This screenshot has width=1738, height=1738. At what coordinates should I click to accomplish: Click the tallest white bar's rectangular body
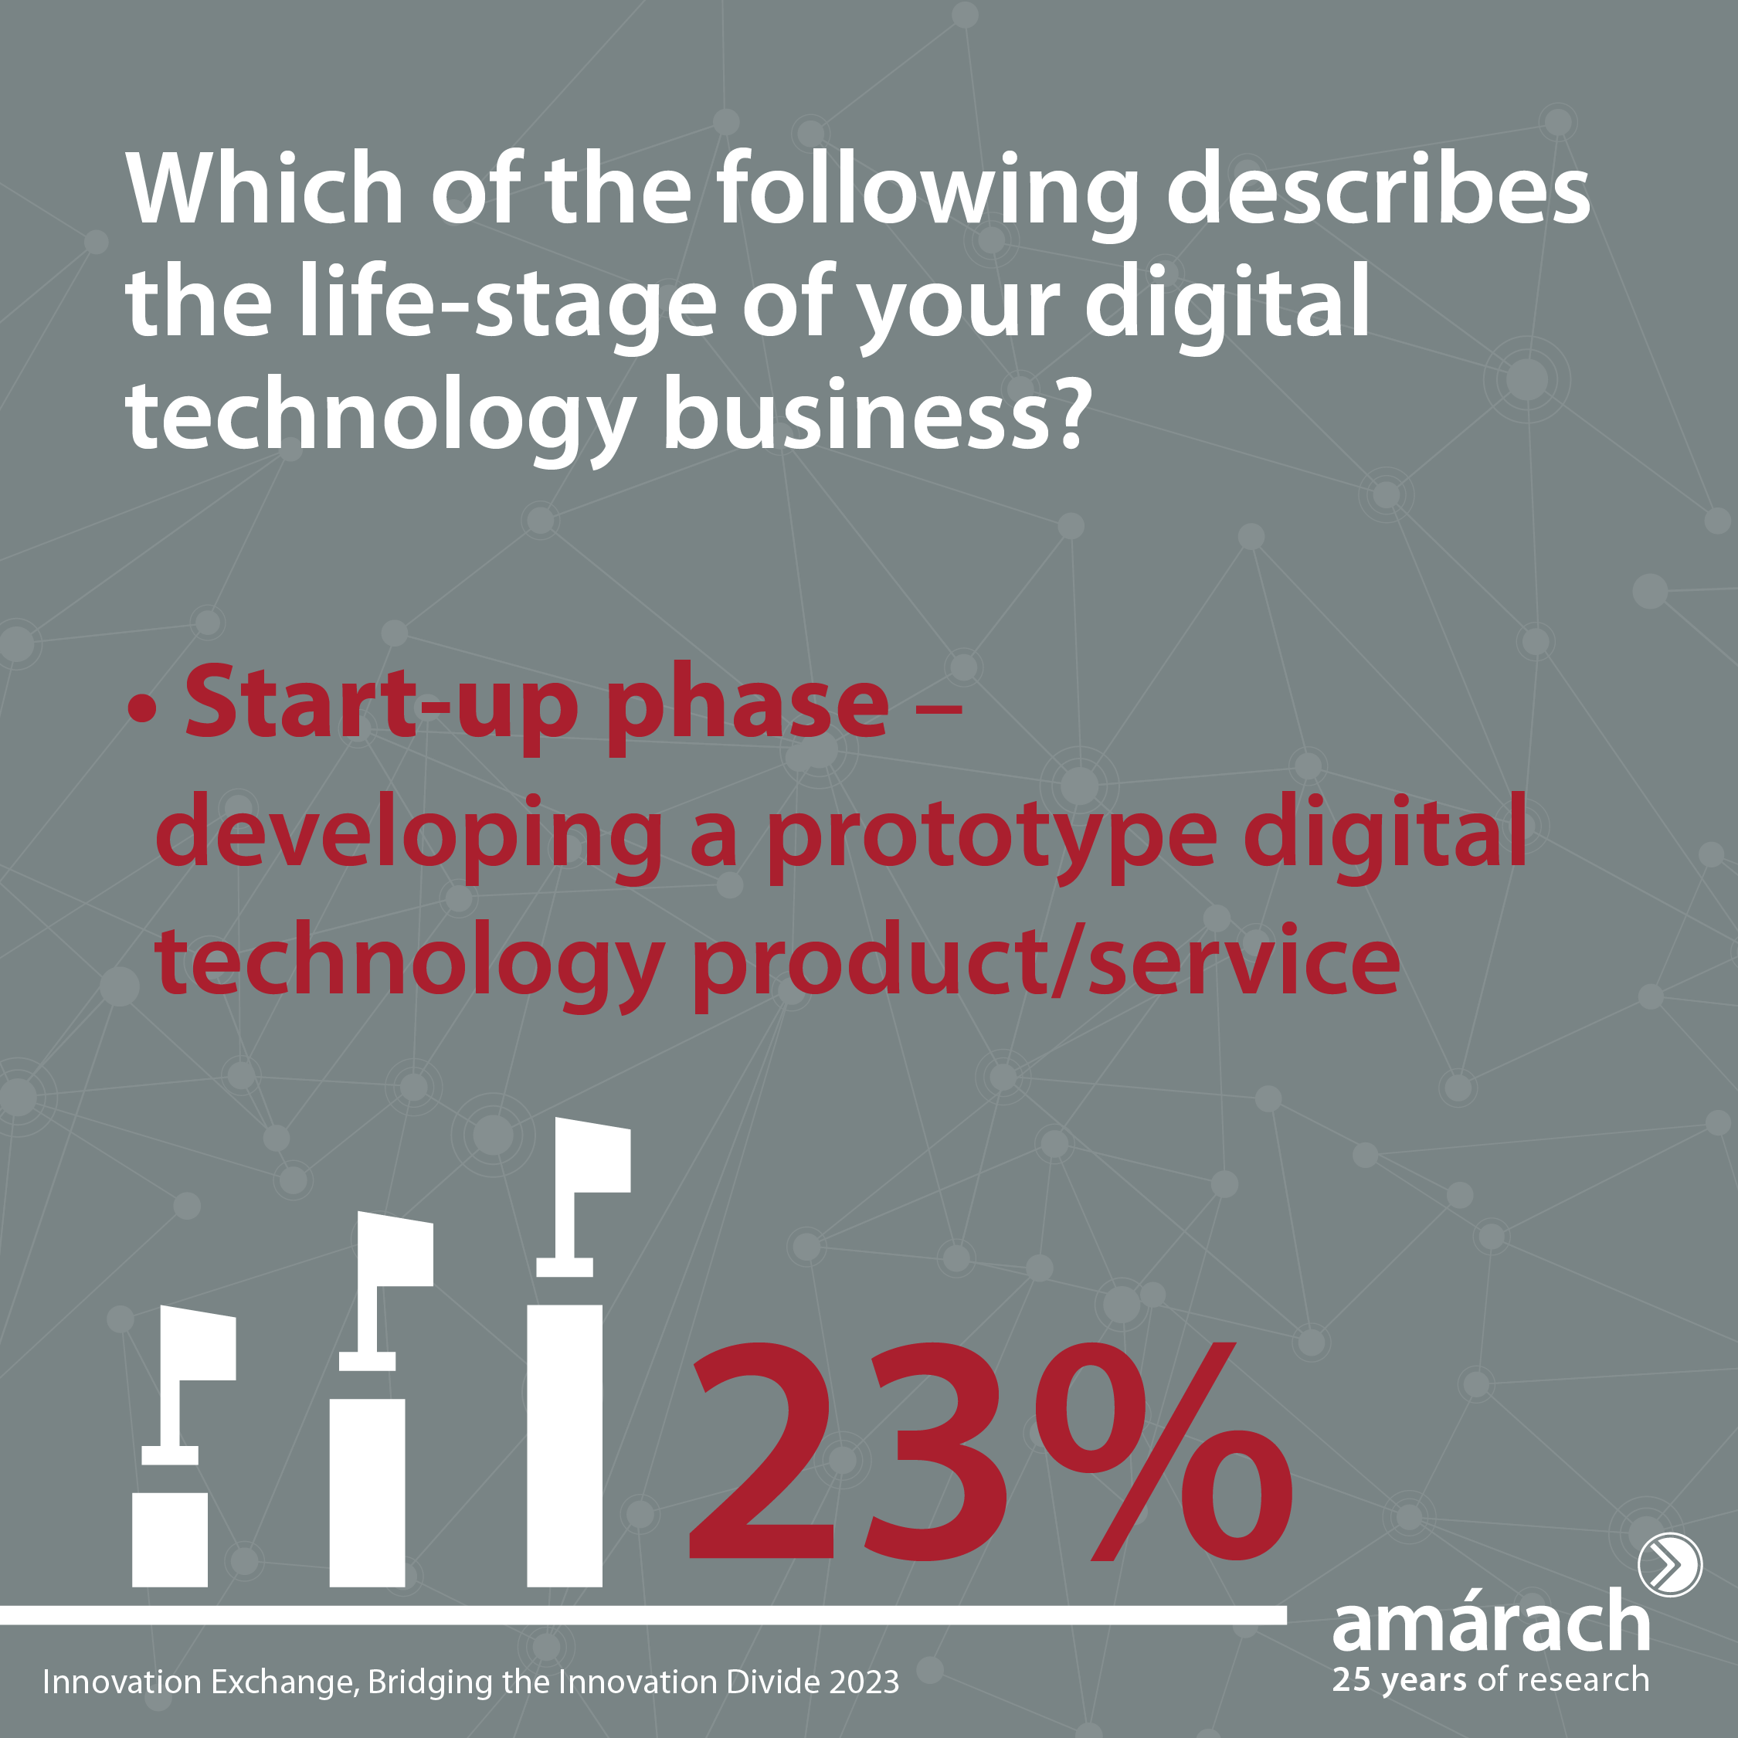(x=564, y=1446)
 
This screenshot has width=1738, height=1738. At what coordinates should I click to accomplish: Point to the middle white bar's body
(x=367, y=1492)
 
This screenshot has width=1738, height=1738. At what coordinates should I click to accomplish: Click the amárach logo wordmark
(x=1491, y=1621)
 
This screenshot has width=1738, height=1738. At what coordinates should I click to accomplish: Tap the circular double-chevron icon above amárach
(x=1669, y=1564)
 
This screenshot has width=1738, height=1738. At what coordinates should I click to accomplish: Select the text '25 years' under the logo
(x=1399, y=1680)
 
